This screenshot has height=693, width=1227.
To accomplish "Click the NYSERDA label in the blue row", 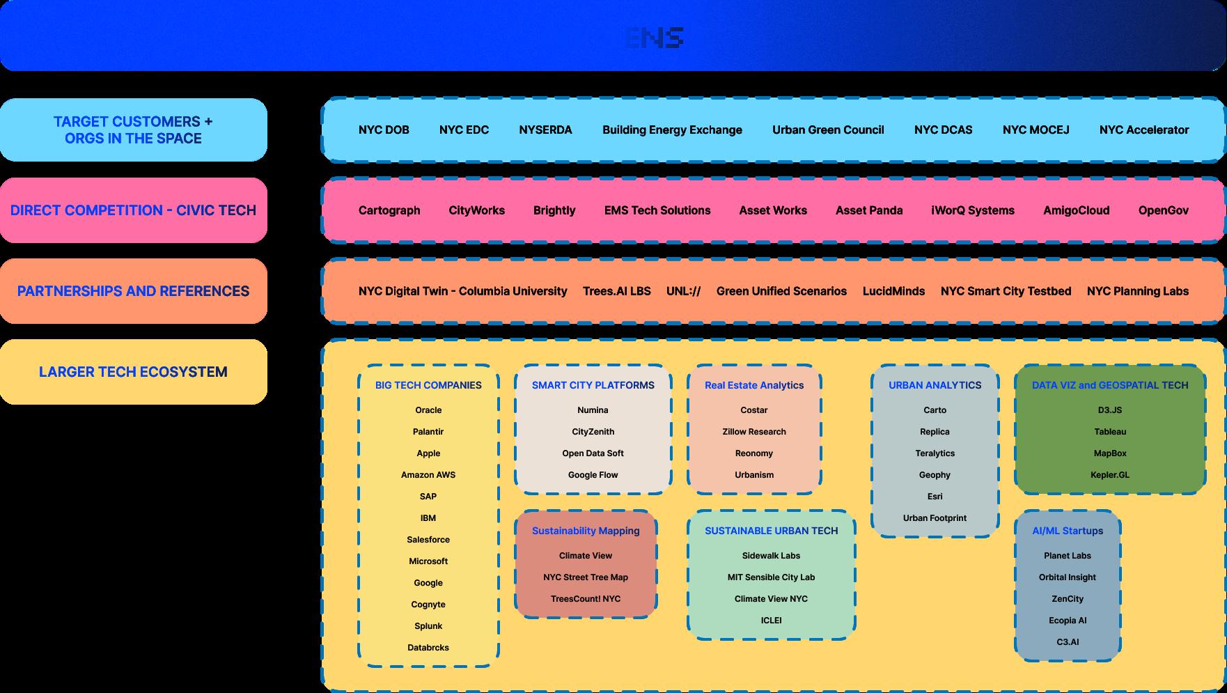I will click(545, 130).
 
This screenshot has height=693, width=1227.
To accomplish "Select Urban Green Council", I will click(828, 130).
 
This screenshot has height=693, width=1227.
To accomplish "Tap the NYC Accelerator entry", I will click(1143, 130).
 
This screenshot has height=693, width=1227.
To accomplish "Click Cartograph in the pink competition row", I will click(389, 210).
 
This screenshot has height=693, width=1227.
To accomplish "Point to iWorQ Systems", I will click(972, 210).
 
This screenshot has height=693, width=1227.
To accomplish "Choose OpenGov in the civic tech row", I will click(1163, 210).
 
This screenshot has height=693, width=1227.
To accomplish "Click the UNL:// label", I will click(683, 291).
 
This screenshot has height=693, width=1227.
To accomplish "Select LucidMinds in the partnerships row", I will click(893, 291).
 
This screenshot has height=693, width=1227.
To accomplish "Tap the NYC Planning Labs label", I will click(1137, 291).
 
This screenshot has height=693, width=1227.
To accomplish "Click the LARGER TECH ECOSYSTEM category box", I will click(133, 372).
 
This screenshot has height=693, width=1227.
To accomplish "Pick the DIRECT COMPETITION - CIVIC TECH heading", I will click(133, 210).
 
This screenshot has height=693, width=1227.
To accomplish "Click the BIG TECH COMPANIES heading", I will click(428, 385).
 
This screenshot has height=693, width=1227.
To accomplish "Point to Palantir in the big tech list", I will click(428, 432).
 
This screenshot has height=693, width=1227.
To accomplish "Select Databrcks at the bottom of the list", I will click(428, 648).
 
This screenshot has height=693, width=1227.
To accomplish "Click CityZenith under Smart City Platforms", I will click(593, 432).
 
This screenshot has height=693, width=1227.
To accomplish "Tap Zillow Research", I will click(754, 432).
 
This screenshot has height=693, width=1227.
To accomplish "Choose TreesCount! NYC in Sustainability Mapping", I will click(586, 599).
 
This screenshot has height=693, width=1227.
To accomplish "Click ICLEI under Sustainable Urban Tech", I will click(771, 621).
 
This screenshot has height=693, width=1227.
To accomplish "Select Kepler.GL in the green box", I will click(1110, 475).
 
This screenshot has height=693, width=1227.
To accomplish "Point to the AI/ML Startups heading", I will click(1068, 531).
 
